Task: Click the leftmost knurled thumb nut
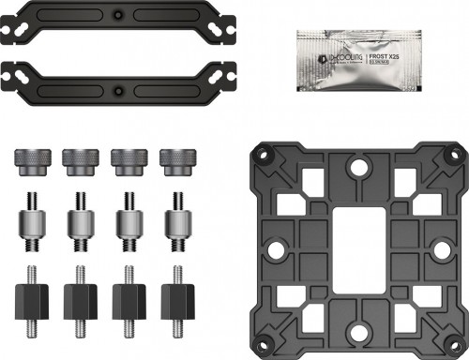(x=24, y=159)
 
